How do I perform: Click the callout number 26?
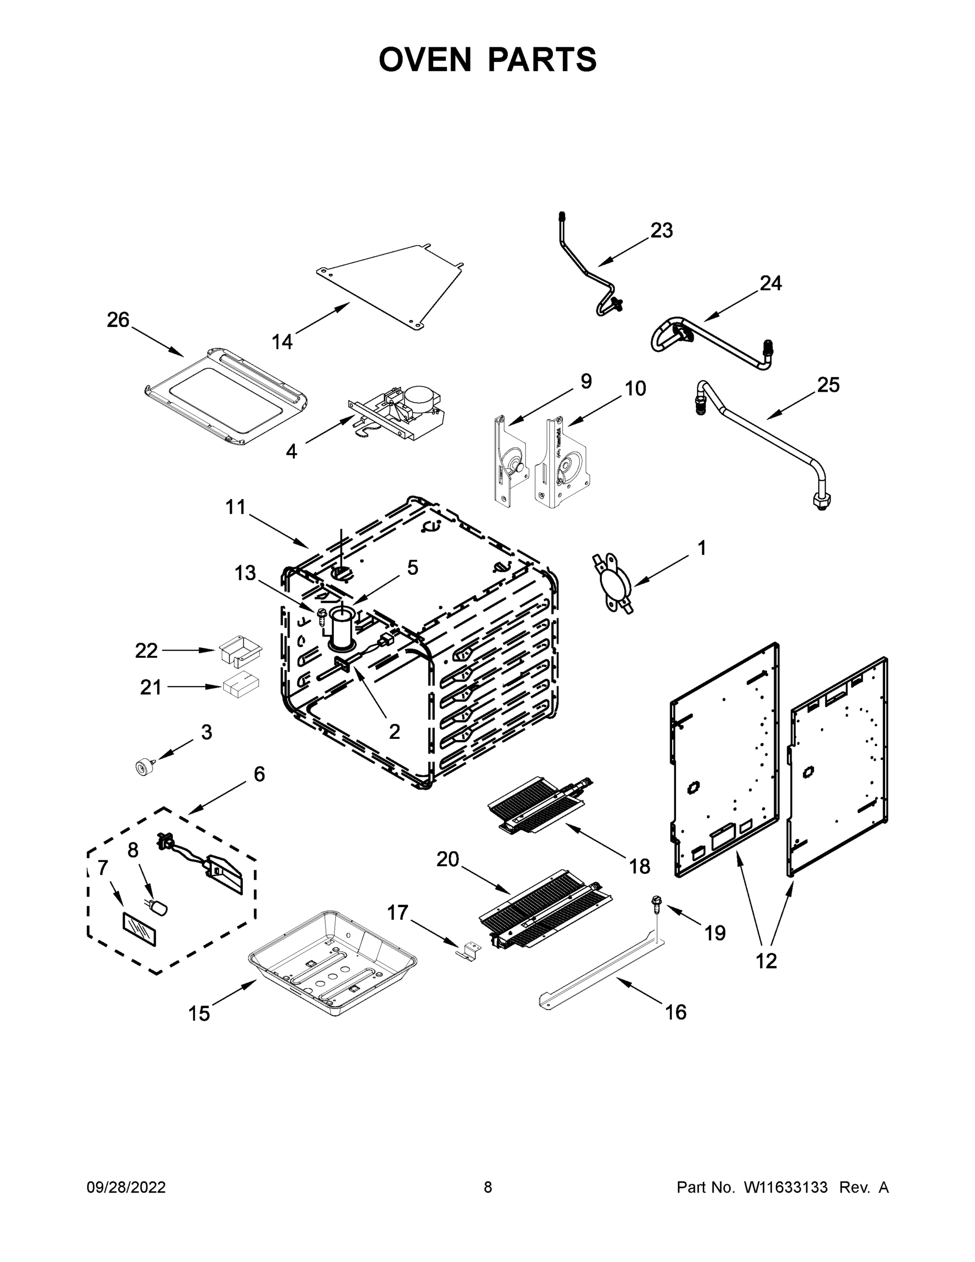click(x=118, y=320)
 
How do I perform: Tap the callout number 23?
click(x=661, y=230)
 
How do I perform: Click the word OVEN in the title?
click(x=425, y=59)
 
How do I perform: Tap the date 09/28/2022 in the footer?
click(x=126, y=1188)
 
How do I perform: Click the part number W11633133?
click(x=786, y=1188)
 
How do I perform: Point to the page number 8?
click(x=488, y=1188)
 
